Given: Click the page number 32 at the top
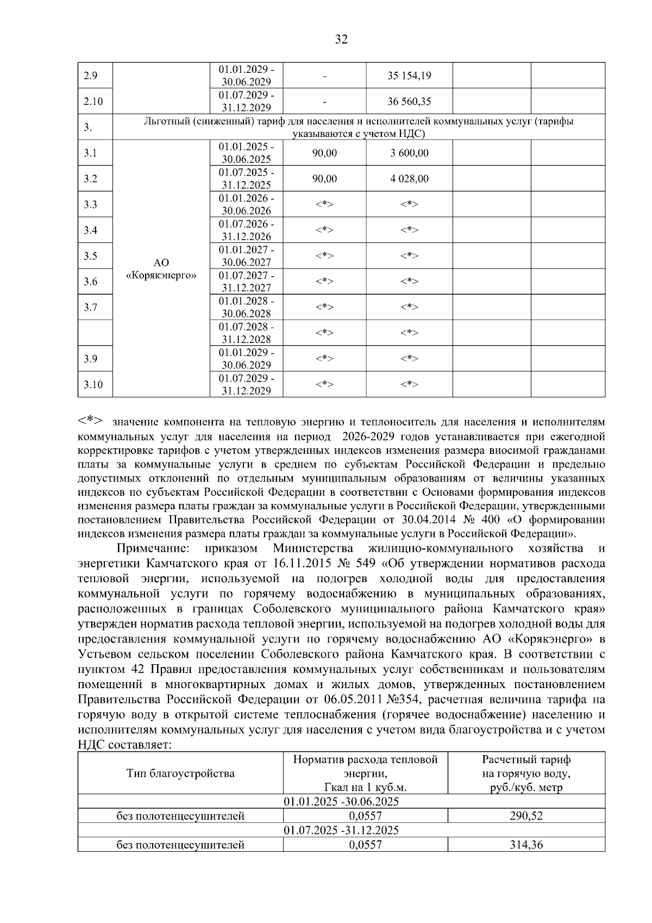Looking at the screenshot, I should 341,39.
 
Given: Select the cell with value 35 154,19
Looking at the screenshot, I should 409,76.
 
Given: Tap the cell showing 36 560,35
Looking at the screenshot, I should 409,102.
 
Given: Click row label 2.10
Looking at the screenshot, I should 93,102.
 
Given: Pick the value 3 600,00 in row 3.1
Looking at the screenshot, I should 409,153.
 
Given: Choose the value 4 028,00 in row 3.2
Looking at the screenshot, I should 409,179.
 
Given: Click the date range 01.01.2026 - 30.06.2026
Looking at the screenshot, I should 246,204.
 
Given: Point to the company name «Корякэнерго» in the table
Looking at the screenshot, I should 161,276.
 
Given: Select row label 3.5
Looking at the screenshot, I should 90,256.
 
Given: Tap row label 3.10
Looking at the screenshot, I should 93,385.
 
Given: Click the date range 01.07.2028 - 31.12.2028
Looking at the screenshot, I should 246,333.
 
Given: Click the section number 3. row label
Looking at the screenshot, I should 87,128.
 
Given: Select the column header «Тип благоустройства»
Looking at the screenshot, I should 180,773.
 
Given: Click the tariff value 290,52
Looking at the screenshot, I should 526,816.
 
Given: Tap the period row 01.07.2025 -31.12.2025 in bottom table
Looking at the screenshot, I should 341,831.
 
